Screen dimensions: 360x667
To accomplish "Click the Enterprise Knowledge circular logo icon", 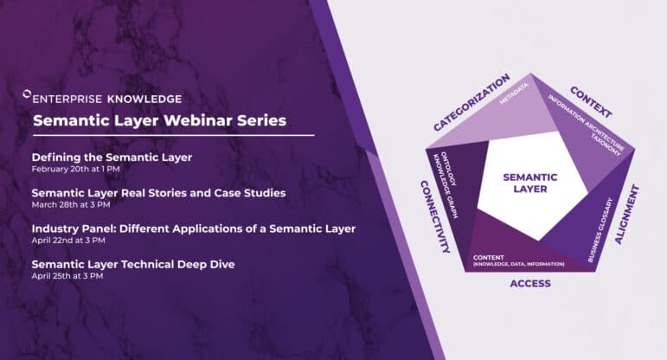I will point(26,99).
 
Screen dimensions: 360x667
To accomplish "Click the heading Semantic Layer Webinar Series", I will point(159,121).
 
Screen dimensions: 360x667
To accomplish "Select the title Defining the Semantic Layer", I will point(112,157).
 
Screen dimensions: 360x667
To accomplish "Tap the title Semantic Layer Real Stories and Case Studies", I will point(158,192).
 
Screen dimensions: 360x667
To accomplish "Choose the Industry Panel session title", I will point(194,228).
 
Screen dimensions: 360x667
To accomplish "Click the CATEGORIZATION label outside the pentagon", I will point(471,103).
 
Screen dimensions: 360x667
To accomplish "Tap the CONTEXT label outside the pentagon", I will point(592,102).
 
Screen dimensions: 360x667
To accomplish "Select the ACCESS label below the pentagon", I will point(530,283).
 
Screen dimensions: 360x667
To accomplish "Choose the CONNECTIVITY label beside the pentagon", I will point(434,216).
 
